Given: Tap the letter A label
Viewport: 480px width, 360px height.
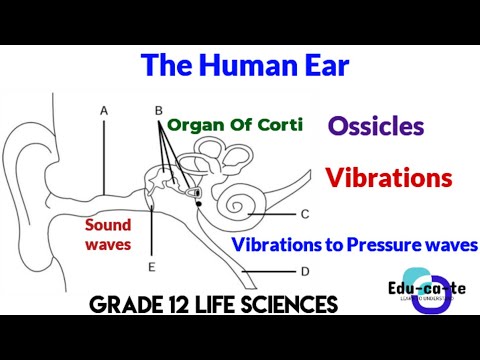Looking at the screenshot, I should coord(104,110).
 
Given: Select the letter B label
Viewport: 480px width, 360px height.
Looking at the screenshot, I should coord(158,110).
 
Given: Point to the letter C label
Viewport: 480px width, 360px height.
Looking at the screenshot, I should coord(303,213).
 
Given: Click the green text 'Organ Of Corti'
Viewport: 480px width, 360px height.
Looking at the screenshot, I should coord(236,127).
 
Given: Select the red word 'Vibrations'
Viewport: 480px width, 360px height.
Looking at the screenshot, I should coord(389,179).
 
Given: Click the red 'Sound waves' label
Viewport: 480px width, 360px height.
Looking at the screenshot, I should coord(107,234).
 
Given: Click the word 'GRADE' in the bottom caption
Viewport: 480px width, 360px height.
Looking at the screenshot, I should coord(126,303).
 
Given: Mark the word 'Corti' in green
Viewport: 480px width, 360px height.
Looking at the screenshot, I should coord(279,127).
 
